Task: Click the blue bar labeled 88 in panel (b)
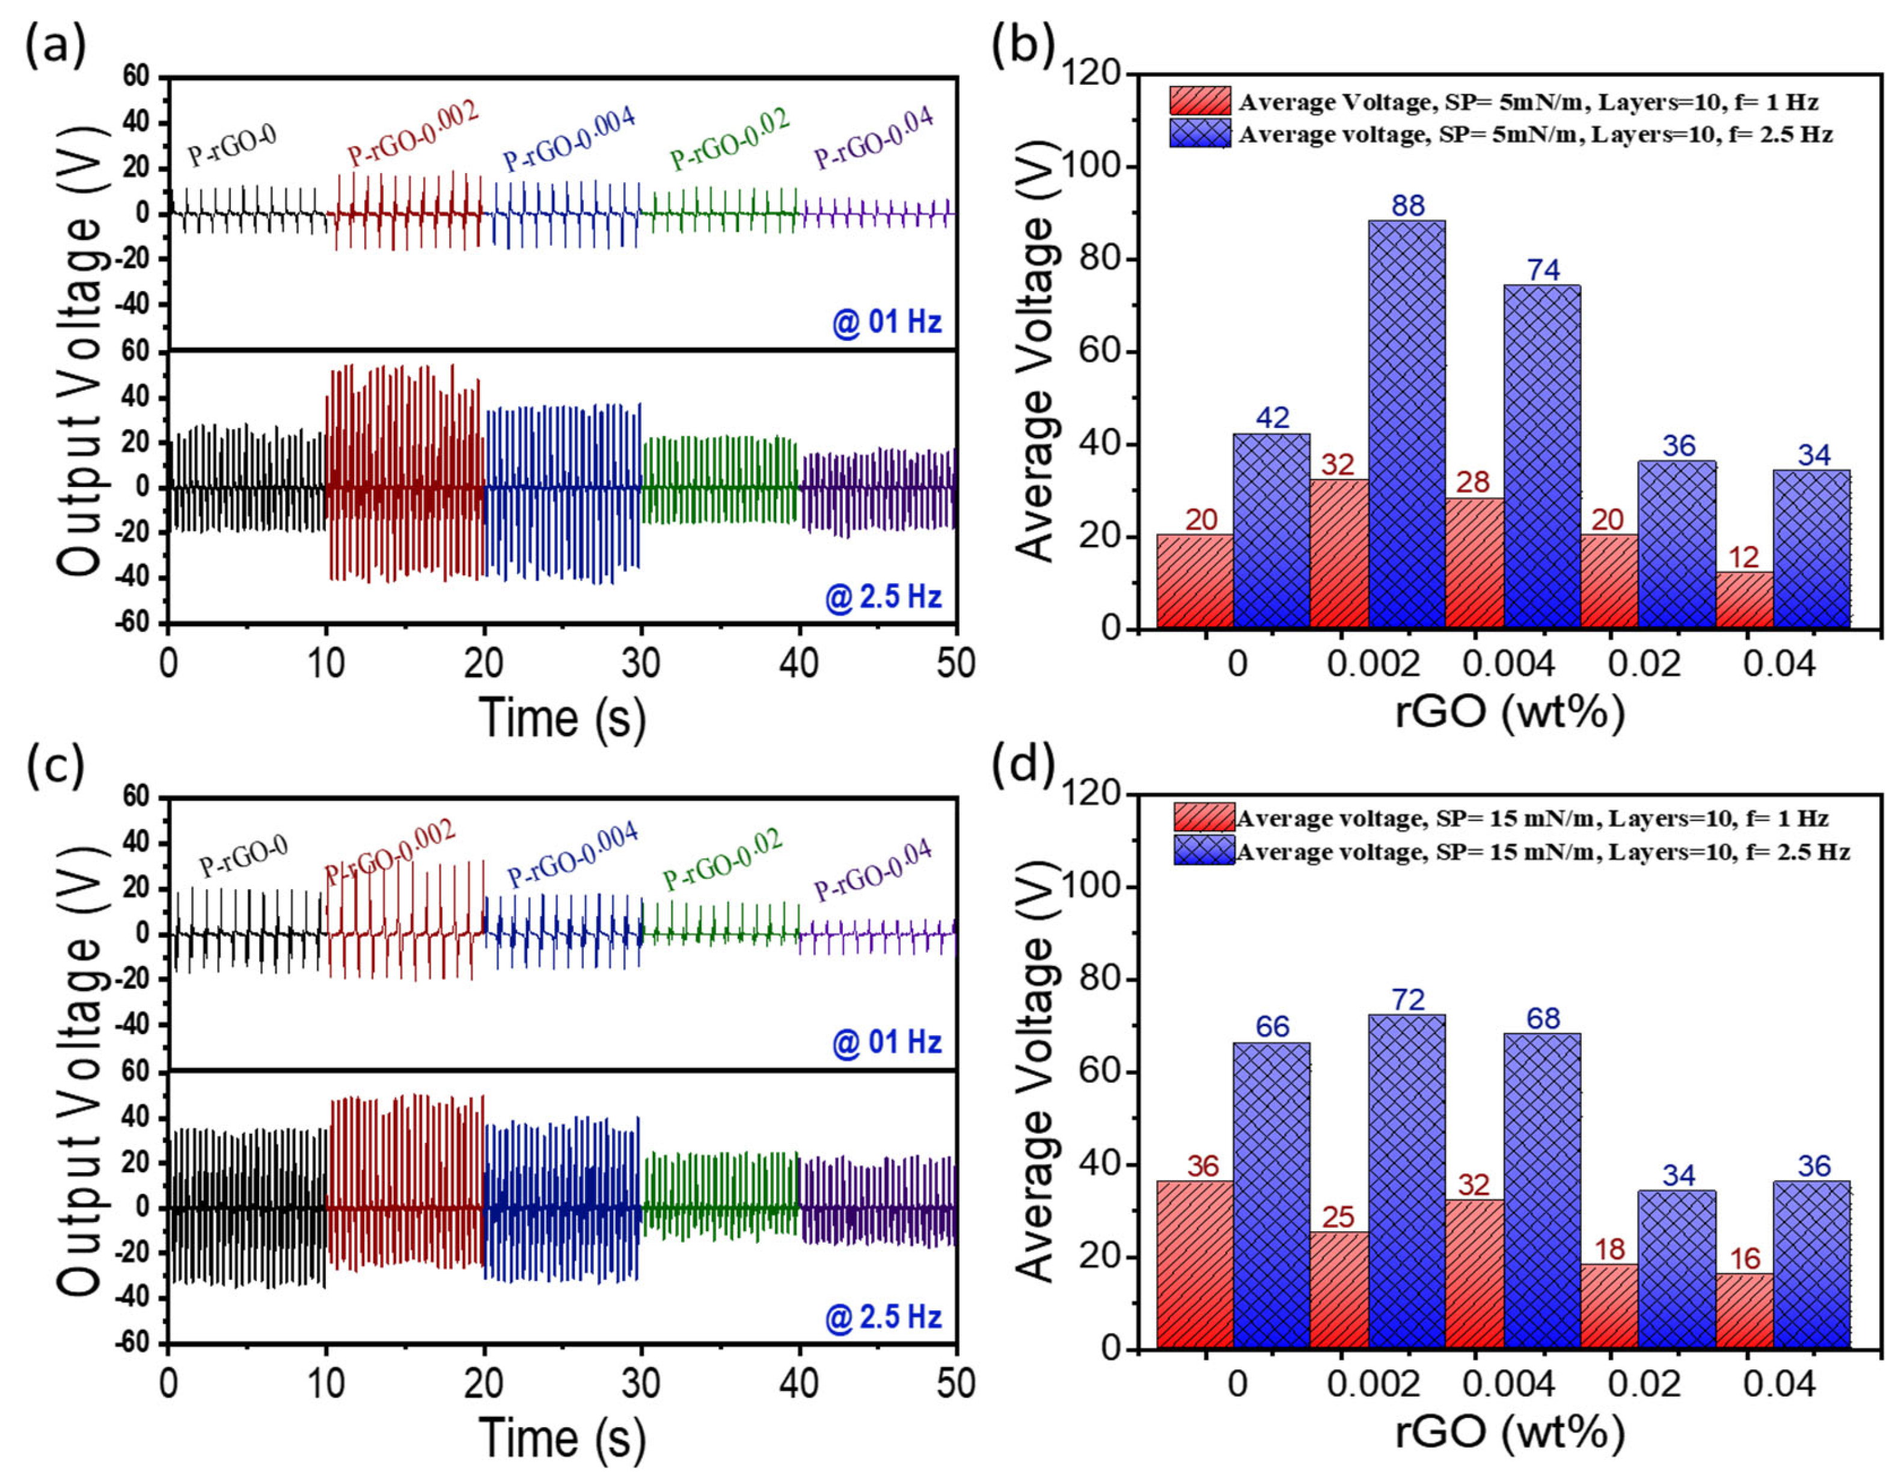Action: (1407, 424)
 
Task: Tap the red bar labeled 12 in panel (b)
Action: (1745, 600)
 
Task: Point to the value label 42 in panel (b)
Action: (1272, 418)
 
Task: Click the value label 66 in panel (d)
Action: (1272, 1026)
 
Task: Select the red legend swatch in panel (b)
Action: (1201, 101)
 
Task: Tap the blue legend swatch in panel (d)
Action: (1204, 850)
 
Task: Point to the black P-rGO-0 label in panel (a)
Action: (232, 145)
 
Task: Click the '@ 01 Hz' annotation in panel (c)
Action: (887, 1043)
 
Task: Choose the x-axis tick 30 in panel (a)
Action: (641, 664)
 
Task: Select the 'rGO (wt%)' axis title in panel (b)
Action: (1509, 712)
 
